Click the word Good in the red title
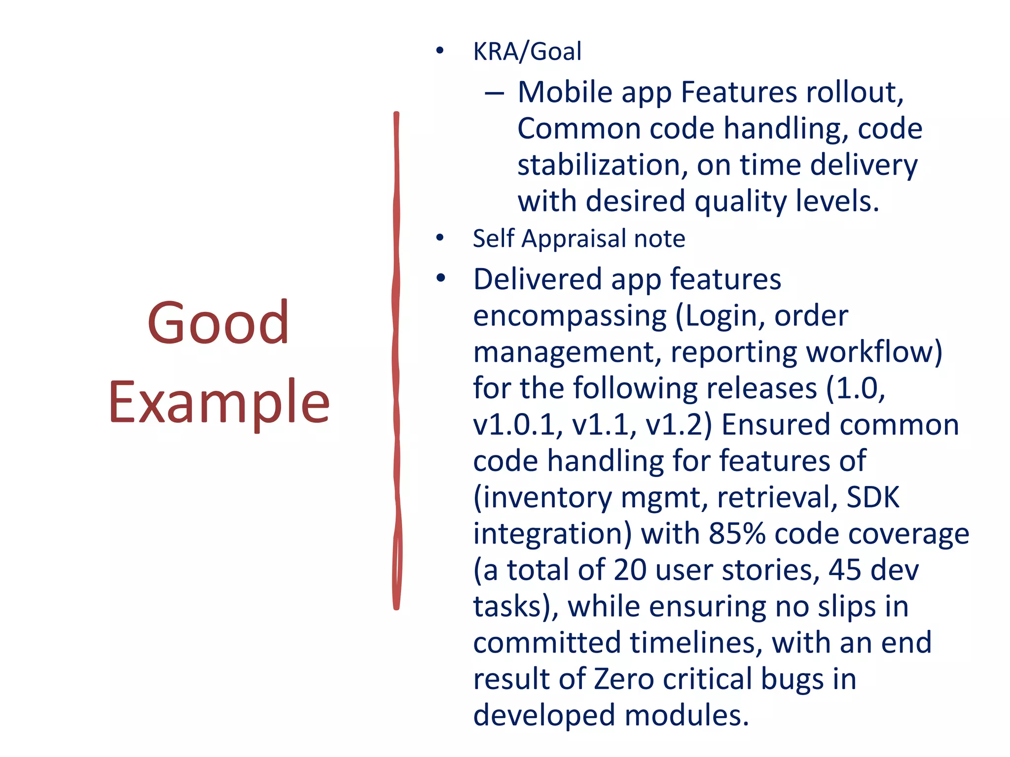(217, 323)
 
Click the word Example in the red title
(219, 403)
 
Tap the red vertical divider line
(397, 360)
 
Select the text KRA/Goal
(527, 52)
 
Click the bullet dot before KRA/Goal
(440, 51)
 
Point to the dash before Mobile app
(494, 93)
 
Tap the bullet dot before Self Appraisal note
(440, 238)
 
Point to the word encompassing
(570, 316)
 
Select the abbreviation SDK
(873, 497)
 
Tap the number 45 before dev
(845, 570)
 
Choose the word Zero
(623, 679)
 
